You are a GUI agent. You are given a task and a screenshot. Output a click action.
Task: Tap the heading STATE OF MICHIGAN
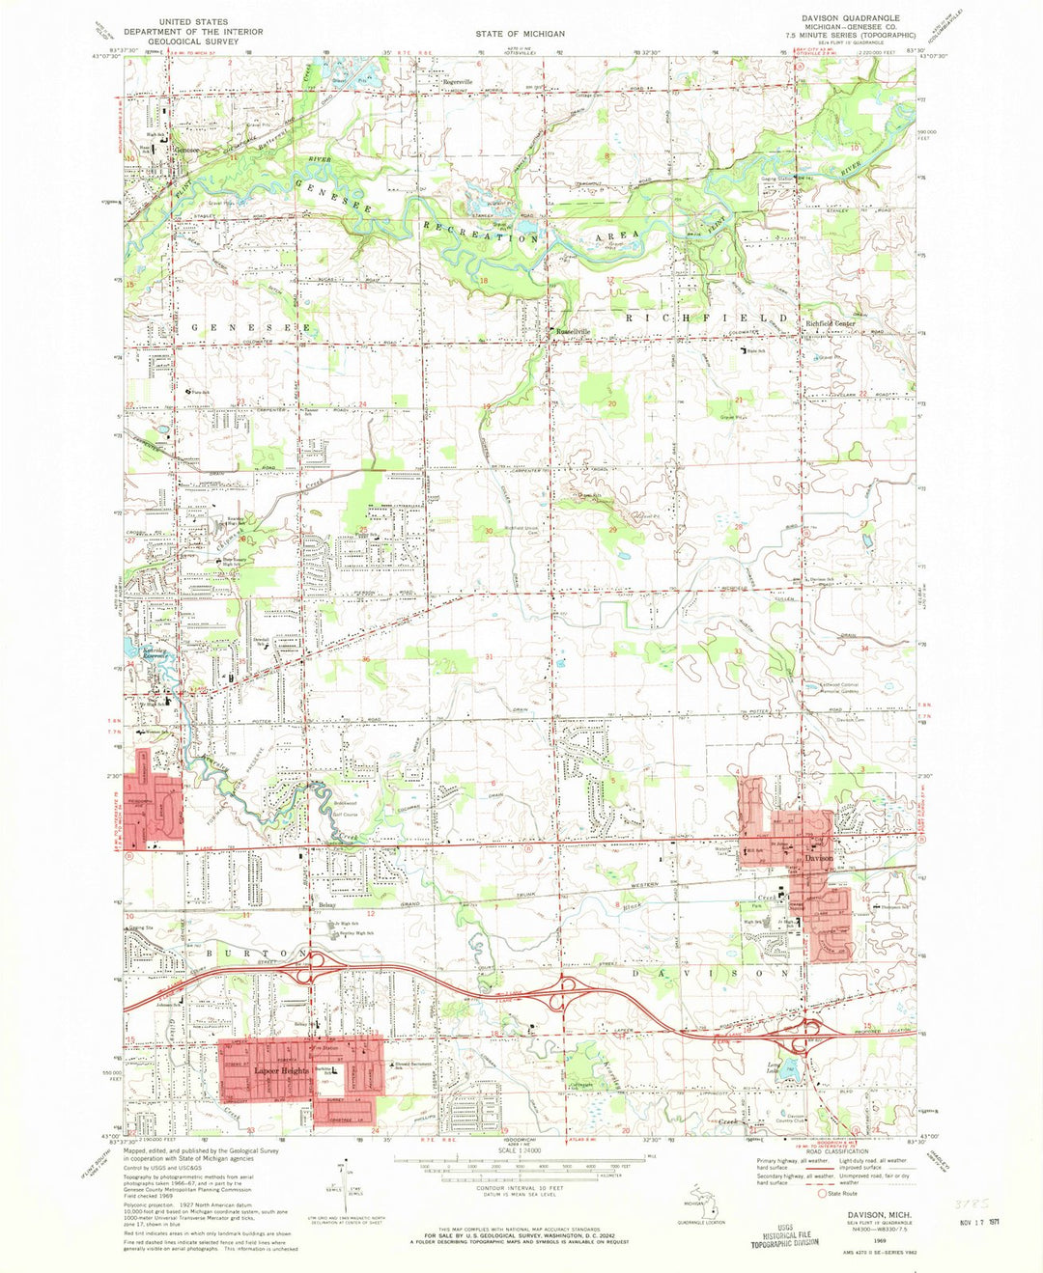(x=520, y=34)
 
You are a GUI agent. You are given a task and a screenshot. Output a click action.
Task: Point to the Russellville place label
(x=570, y=332)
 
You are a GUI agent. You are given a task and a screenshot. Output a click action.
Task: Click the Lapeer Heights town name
(x=281, y=1071)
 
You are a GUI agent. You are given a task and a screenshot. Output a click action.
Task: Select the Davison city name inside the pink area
(x=820, y=857)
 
